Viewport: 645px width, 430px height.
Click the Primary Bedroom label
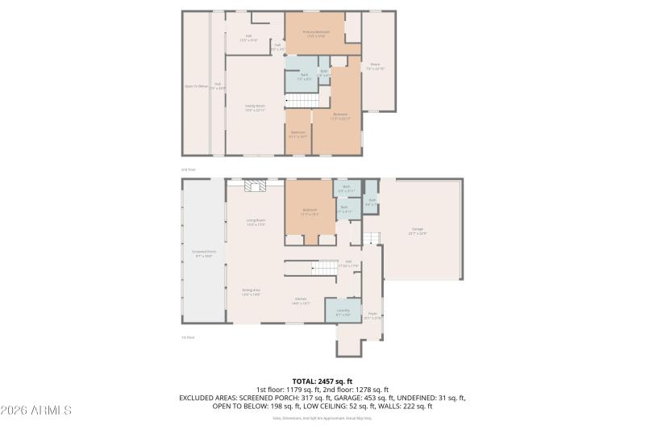316,33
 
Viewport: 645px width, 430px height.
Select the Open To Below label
196,86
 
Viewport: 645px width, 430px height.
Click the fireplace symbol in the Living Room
256,186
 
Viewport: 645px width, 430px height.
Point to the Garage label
418,231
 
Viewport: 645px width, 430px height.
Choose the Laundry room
343,311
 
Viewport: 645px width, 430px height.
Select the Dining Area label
251,291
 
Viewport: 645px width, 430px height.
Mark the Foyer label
372,315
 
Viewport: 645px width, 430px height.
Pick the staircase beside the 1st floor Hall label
324,269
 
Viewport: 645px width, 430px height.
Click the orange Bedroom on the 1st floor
310,211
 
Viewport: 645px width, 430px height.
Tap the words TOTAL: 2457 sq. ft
322,381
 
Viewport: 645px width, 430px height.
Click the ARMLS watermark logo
36,410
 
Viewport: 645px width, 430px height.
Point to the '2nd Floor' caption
188,169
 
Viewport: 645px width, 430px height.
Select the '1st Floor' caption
188,337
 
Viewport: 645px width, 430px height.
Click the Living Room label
256,221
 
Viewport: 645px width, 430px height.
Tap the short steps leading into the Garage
370,237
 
